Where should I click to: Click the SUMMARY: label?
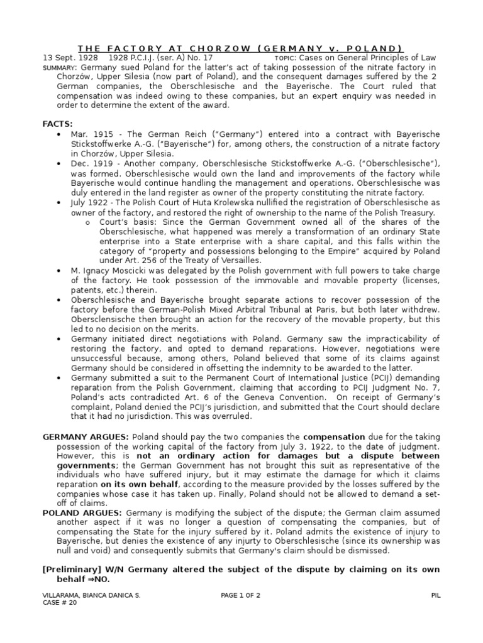click(x=60, y=67)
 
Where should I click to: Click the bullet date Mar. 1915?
click(x=91, y=134)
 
